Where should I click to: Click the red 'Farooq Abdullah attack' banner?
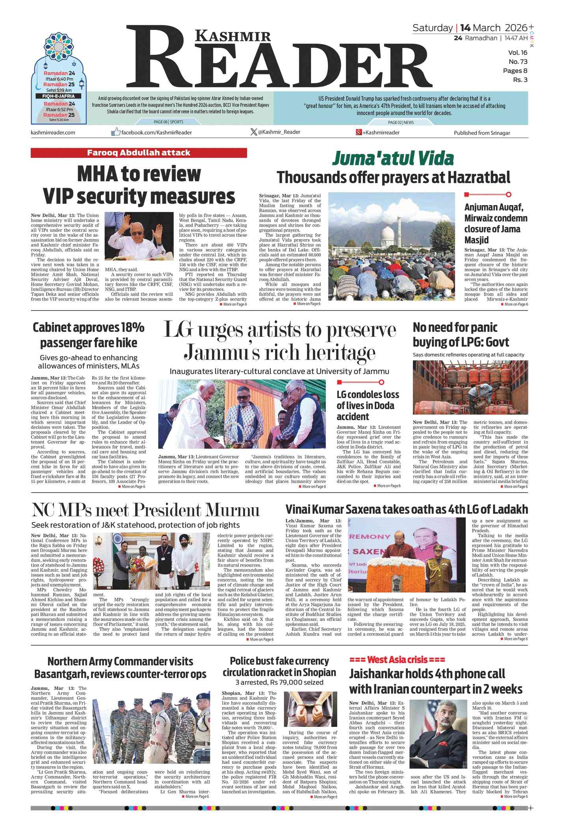click(x=139, y=153)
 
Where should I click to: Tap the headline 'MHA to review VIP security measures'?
click(x=139, y=185)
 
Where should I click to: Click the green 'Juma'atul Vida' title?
click(x=393, y=159)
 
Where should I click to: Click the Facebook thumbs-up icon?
click(x=115, y=132)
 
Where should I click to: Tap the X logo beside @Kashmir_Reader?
click(x=253, y=132)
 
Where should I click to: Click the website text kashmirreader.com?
click(x=53, y=132)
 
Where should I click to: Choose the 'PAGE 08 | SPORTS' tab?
click(x=168, y=122)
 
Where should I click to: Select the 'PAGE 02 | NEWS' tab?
click(x=401, y=123)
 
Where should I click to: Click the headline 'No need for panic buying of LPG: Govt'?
click(x=461, y=334)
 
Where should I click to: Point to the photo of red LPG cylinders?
click(x=470, y=387)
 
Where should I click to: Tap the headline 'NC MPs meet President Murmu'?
click(x=146, y=510)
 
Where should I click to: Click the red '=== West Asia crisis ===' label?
click(x=397, y=660)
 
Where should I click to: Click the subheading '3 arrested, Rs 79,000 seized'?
click(x=279, y=682)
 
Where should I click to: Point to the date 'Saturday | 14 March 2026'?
click(x=470, y=28)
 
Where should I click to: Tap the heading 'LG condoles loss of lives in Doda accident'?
click(x=368, y=405)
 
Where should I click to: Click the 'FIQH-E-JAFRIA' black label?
click(x=58, y=96)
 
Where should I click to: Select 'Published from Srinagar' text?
click(x=481, y=133)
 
